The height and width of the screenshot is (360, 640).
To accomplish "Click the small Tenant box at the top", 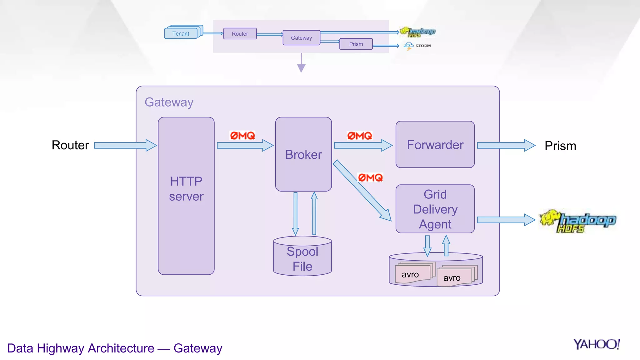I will coord(181,33).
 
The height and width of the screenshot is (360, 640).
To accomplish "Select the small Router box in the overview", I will coord(240,34).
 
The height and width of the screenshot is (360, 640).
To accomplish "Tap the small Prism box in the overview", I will coord(356,44).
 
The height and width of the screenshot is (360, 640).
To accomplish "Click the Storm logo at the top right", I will coord(417,46).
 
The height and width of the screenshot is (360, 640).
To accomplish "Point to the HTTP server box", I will coord(186,196).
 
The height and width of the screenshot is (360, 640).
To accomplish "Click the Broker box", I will coord(303,154).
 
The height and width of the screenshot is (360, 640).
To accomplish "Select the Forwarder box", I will coord(435,145).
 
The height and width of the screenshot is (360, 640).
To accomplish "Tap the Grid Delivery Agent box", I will coord(435,209).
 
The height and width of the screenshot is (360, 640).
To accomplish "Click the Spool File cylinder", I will coord(302,258).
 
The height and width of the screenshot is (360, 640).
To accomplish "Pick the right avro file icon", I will coord(454,277).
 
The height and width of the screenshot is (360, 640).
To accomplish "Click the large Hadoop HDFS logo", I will coord(578,221).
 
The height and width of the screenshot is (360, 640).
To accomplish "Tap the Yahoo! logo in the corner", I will coord(596,344).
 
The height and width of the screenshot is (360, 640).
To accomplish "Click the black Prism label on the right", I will coord(560,146).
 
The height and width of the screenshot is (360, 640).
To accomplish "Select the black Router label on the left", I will coord(70,145).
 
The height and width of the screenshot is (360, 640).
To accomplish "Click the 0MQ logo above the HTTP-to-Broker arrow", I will coord(242,136).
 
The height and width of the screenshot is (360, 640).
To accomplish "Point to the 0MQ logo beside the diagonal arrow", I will coord(370,178).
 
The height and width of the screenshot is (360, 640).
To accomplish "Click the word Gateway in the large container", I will coord(169,102).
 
